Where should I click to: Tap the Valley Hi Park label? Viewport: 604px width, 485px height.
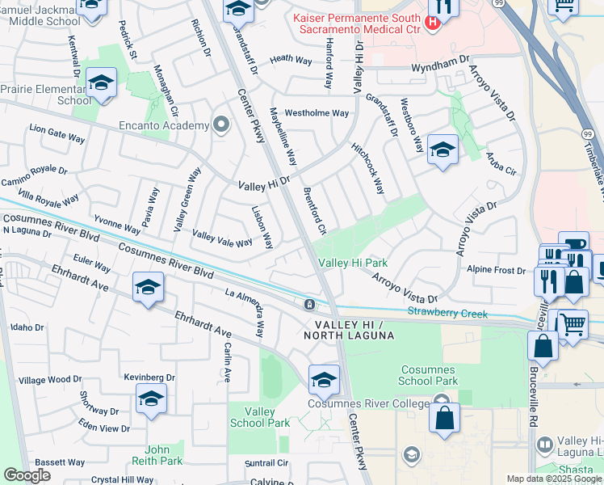[353, 263]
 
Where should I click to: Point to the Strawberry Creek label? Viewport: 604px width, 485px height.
[447, 311]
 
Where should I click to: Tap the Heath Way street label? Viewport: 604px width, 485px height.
[291, 60]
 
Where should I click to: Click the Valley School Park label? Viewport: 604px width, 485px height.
[259, 417]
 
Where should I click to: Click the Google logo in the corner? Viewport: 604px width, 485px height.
[27, 475]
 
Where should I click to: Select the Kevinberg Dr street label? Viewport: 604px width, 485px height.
[149, 377]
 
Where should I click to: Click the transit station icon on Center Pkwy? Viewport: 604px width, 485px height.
[309, 305]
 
